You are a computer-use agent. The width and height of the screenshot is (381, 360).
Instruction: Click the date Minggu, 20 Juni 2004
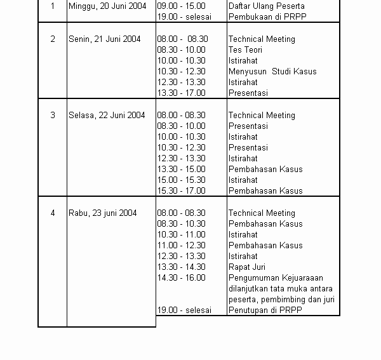tap(107, 6)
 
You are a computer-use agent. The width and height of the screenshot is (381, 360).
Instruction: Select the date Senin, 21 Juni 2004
tap(104, 39)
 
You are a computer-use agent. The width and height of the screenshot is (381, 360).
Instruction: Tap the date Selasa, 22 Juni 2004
tap(107, 116)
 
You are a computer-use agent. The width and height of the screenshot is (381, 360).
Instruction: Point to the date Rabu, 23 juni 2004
tap(102, 213)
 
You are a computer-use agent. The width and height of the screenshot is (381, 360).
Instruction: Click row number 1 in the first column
tap(53, 6)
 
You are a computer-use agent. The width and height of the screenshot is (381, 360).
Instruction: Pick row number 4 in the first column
tap(53, 213)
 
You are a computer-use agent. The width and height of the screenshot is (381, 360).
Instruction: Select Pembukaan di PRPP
tap(264, 17)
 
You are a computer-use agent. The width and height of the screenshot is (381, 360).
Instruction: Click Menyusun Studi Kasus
tap(272, 72)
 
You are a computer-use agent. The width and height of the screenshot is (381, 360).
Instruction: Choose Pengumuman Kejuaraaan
tap(276, 278)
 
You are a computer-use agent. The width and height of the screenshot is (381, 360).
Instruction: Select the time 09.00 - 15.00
tap(181, 6)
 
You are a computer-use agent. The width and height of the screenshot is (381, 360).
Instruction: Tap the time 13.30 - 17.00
tap(181, 93)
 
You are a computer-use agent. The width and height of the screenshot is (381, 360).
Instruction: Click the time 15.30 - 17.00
tap(181, 191)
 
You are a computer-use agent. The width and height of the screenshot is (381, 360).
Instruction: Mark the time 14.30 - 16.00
tap(181, 278)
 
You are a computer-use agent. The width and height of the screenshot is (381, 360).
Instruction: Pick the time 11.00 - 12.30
tap(181, 246)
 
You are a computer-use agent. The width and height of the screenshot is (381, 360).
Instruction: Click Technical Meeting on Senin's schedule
tap(262, 39)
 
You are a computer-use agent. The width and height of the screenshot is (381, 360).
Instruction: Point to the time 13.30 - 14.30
tap(181, 267)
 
